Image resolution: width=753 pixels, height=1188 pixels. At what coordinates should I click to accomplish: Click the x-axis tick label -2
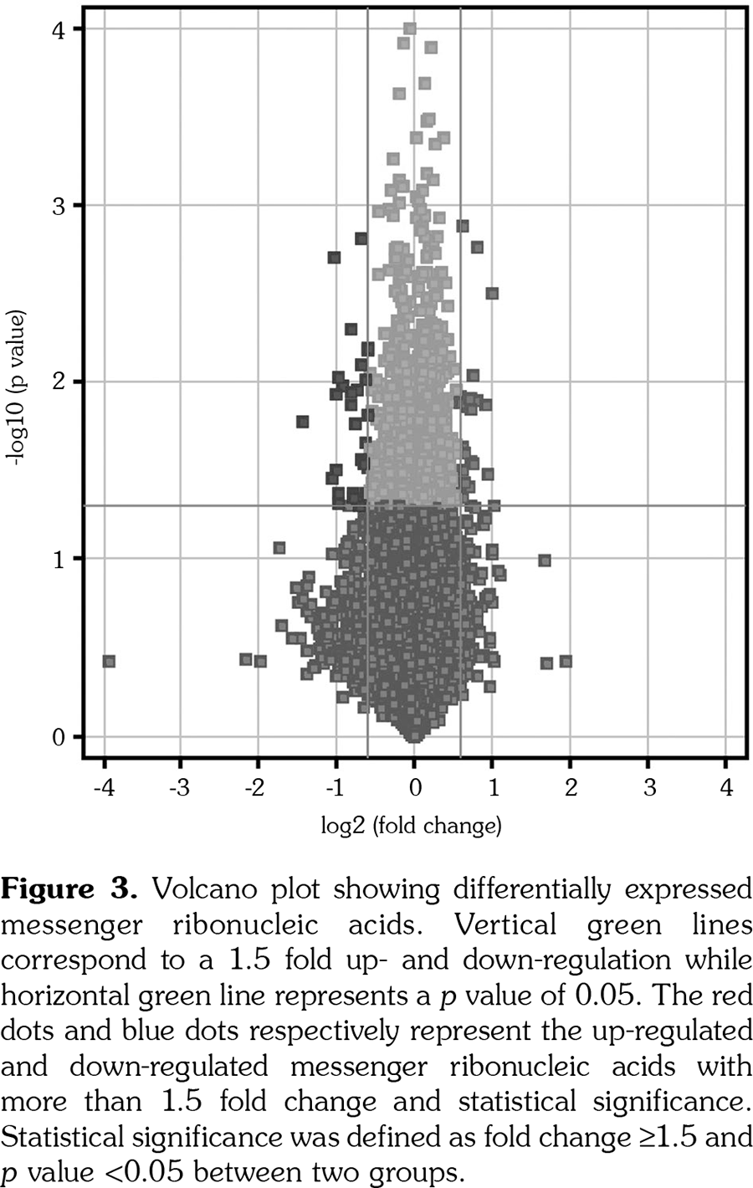click(256, 788)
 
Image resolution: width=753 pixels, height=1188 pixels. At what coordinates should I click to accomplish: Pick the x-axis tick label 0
click(414, 788)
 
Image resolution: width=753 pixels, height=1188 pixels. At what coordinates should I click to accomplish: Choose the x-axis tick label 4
click(725, 788)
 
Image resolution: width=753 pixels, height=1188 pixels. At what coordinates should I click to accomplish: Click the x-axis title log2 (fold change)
click(412, 827)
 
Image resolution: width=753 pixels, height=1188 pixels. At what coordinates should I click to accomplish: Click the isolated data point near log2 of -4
click(108, 662)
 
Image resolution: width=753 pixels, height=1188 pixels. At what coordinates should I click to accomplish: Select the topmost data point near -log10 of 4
click(410, 29)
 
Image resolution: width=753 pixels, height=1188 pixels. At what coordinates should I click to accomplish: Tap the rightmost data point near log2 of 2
click(566, 662)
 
